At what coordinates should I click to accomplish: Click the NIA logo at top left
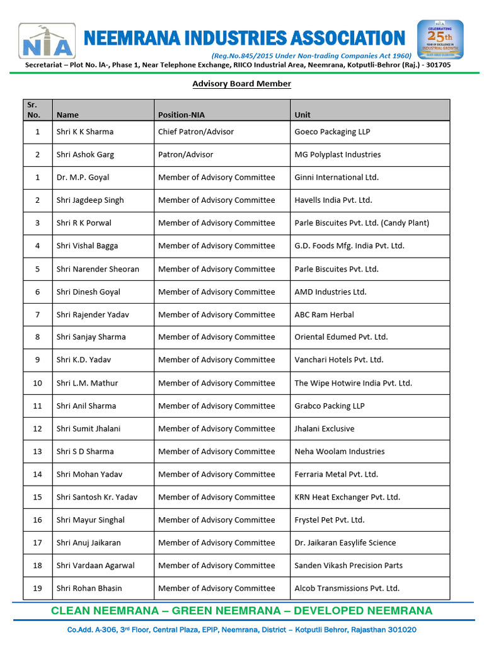pyautogui.click(x=47, y=41)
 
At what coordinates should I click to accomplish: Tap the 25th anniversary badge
pyautogui.click(x=440, y=39)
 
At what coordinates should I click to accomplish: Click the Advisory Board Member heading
pyautogui.click(x=241, y=84)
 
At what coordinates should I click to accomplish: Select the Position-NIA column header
pyautogui.click(x=181, y=115)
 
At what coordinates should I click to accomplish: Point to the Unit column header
pyautogui.click(x=302, y=115)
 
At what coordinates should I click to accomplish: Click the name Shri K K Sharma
pyautogui.click(x=85, y=132)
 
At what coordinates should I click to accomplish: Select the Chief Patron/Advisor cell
pyautogui.click(x=195, y=132)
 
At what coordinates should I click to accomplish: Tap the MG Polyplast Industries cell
pyautogui.click(x=337, y=154)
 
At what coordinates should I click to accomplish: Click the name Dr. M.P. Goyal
pyautogui.click(x=83, y=177)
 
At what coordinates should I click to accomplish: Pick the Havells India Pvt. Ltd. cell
pyautogui.click(x=333, y=200)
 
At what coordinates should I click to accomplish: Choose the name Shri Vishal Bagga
pyautogui.click(x=87, y=246)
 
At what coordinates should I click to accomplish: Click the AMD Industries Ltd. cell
pyautogui.click(x=330, y=292)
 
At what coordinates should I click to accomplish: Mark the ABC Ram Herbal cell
pyautogui.click(x=324, y=314)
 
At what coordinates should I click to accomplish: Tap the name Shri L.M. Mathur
pyautogui.click(x=87, y=383)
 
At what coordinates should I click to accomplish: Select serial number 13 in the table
pyautogui.click(x=38, y=451)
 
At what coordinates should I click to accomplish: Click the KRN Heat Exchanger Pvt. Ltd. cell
pyautogui.click(x=347, y=497)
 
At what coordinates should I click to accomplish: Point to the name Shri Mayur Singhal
pyautogui.click(x=90, y=520)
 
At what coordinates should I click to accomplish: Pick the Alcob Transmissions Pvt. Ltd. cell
pyautogui.click(x=347, y=588)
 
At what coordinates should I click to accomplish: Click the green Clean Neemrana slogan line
pyautogui.click(x=241, y=610)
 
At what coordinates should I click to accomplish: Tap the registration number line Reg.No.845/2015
pyautogui.click(x=311, y=55)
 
